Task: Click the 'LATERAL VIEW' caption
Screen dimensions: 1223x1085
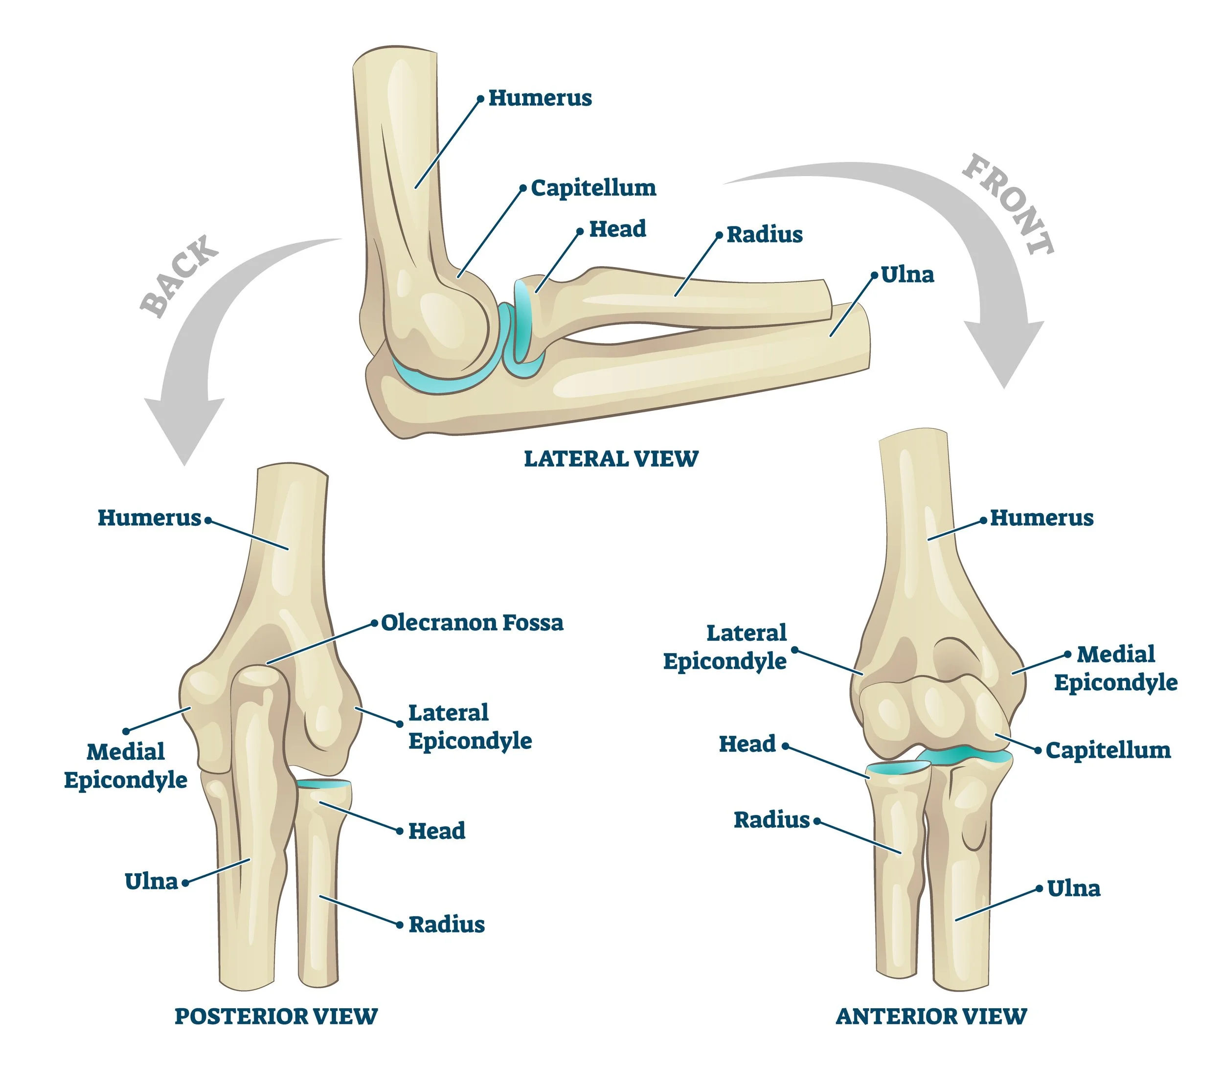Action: (x=611, y=459)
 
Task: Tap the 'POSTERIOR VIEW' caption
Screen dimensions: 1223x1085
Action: (x=276, y=1016)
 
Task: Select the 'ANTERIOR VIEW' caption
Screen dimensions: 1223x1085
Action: (x=931, y=1016)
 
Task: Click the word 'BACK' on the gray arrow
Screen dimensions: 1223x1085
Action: (x=179, y=275)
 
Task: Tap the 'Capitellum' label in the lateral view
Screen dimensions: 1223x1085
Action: (x=593, y=188)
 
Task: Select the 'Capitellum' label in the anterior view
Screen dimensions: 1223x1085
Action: (x=1108, y=750)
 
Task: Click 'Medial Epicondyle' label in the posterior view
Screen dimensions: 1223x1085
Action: (x=126, y=766)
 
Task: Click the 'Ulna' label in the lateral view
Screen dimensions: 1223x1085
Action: (x=907, y=275)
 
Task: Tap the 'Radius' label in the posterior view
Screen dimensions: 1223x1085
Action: (x=446, y=925)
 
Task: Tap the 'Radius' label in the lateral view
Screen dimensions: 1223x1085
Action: (x=764, y=235)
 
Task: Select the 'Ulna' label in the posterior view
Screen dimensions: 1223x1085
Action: (x=151, y=882)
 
